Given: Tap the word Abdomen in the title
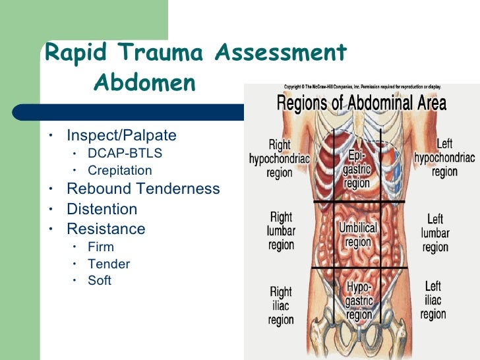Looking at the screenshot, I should pyautogui.click(x=145, y=83).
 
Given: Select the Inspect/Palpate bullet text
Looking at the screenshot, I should pyautogui.click(x=121, y=136).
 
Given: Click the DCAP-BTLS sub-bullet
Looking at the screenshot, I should pyautogui.click(x=125, y=153).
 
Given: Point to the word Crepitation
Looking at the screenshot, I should pyautogui.click(x=119, y=170).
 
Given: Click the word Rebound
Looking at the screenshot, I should pyautogui.click(x=99, y=189).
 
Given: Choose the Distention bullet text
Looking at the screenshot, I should pyautogui.click(x=102, y=209).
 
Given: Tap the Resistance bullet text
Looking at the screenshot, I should pyautogui.click(x=105, y=229).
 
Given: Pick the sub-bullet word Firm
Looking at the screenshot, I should pyautogui.click(x=101, y=247).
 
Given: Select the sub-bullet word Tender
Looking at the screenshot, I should pyautogui.click(x=109, y=264).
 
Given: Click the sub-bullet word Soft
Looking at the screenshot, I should pyautogui.click(x=100, y=280).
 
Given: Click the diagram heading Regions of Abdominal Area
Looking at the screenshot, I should pyautogui.click(x=361, y=104).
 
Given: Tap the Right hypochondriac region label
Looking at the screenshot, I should pyautogui.click(x=280, y=159).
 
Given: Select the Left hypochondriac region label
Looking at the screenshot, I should pyautogui.click(x=444, y=158).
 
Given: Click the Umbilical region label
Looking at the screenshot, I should pyautogui.click(x=358, y=235).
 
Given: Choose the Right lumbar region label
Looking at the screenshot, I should pyautogui.click(x=281, y=231).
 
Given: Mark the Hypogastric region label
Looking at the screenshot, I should pyautogui.click(x=359, y=301).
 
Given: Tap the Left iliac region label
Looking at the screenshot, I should pyautogui.click(x=433, y=300).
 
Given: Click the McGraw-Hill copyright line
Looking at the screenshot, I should pyautogui.click(x=362, y=87).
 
